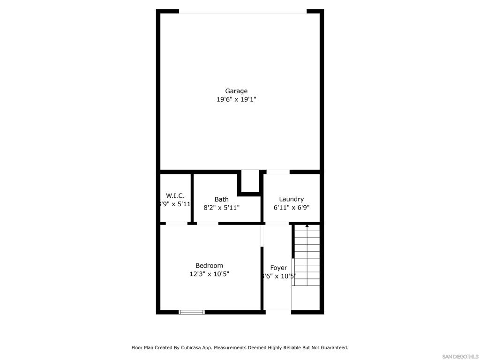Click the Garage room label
[236, 91]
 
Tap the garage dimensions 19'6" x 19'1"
[236, 99]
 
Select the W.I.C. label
[175, 195]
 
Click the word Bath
[222, 199]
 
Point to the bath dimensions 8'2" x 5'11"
[222, 207]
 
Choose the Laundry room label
[291, 199]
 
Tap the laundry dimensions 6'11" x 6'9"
[291, 207]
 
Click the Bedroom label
[209, 265]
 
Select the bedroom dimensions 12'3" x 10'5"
[209, 274]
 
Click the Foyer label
[278, 268]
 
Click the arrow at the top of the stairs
[307, 226]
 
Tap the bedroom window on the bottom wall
[192, 312]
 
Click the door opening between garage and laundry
[278, 172]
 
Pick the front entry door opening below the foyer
[277, 310]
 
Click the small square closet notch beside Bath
[250, 181]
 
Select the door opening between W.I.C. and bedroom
[177, 224]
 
